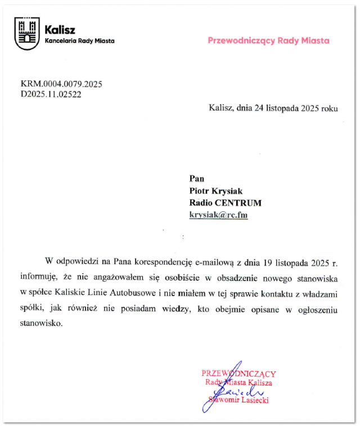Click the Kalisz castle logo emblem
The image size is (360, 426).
coord(27,33)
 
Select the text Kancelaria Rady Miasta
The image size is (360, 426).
coord(79,41)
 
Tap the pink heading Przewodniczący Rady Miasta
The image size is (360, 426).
coord(268,40)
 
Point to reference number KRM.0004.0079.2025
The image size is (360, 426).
coord(61,84)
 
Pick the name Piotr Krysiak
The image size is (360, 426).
coord(216,191)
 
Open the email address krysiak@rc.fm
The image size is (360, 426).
coord(218,215)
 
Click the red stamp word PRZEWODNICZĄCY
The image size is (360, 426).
coord(238,374)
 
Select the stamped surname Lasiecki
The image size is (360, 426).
coord(254,400)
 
